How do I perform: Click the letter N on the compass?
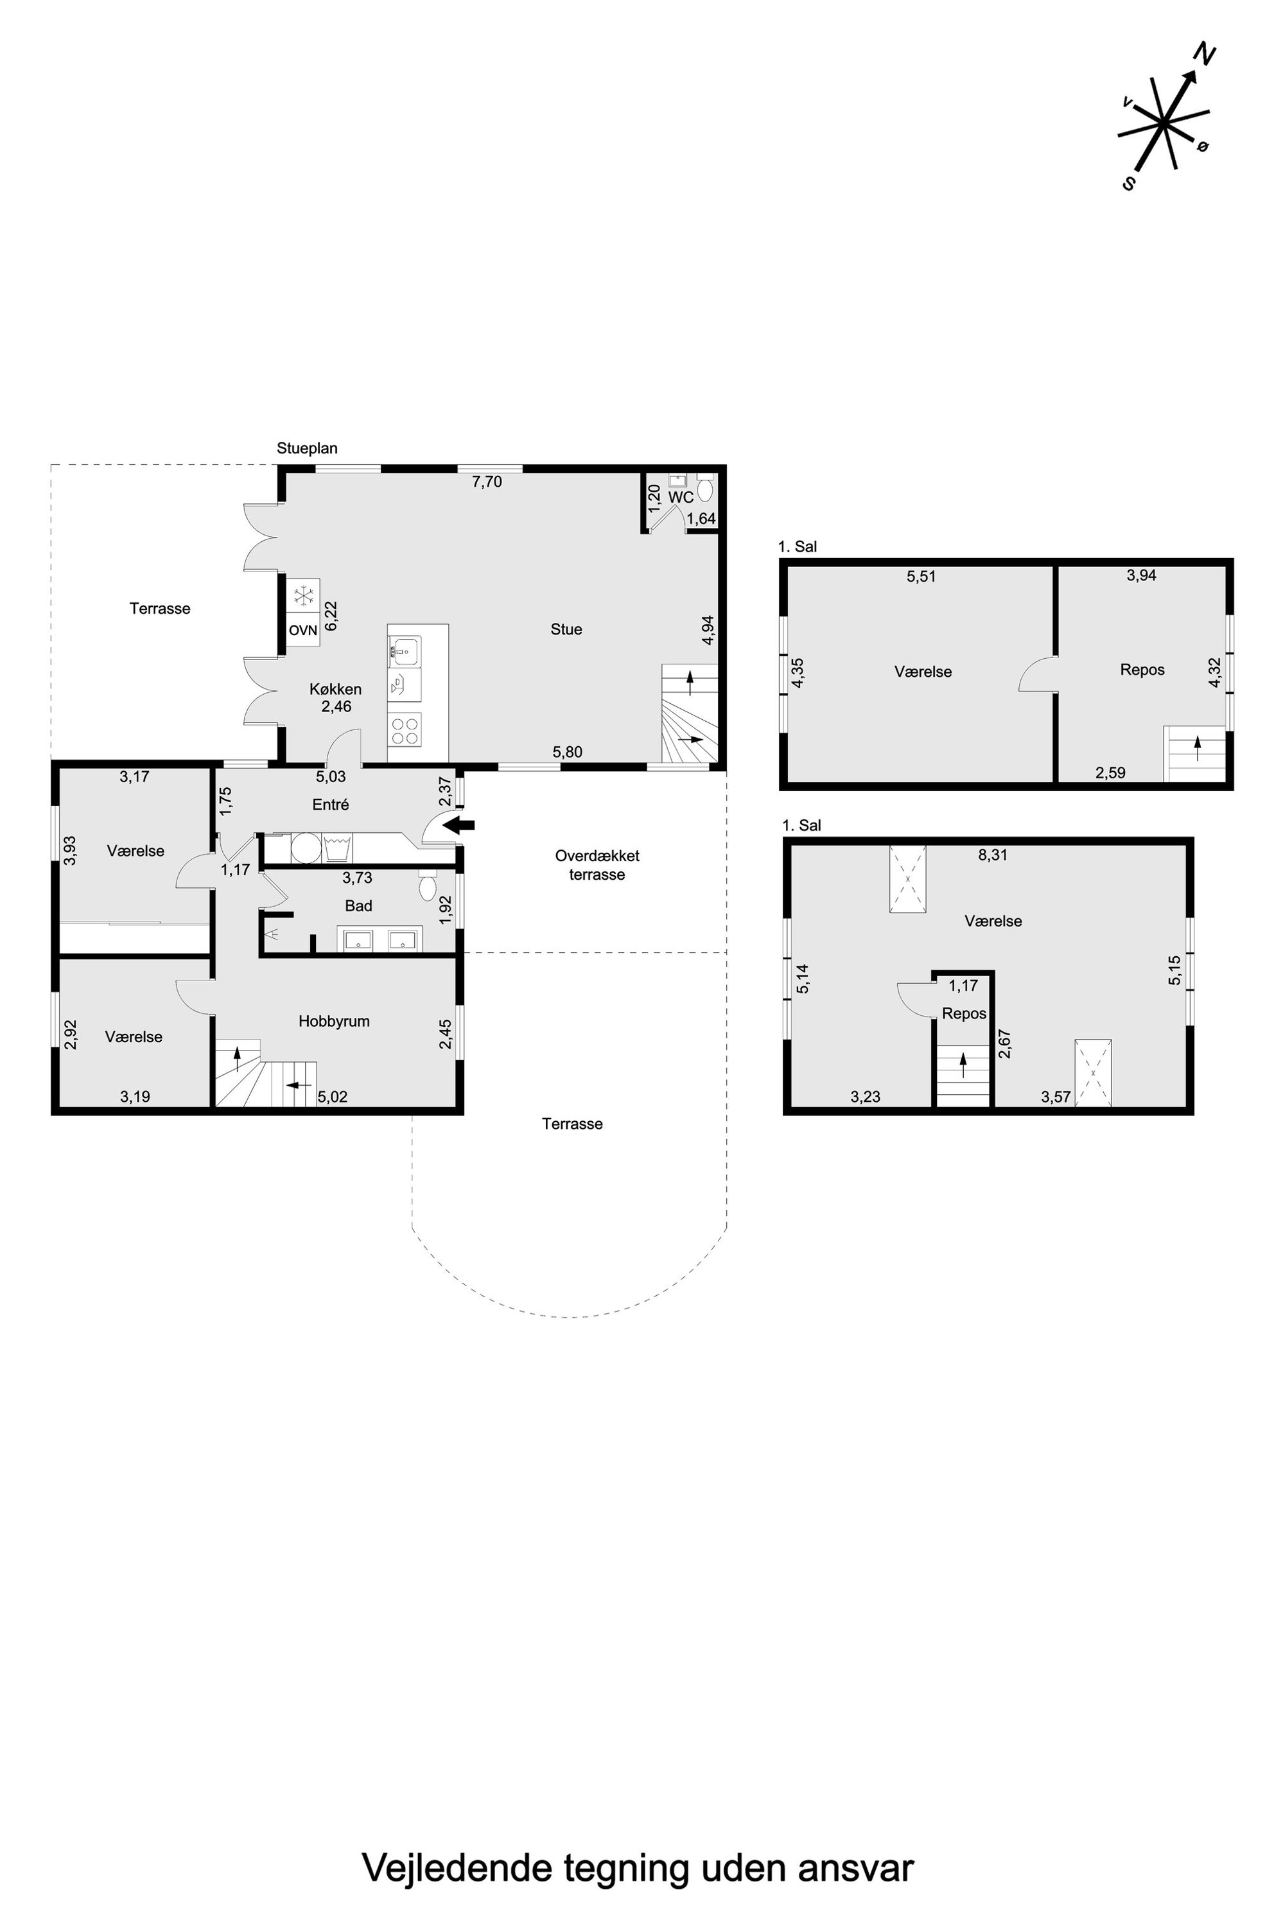(x=1204, y=55)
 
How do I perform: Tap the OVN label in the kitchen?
(x=303, y=630)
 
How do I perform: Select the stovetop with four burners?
(x=405, y=728)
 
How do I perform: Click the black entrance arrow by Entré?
(x=459, y=826)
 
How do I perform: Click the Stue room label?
(x=566, y=629)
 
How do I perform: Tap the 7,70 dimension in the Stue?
(x=487, y=482)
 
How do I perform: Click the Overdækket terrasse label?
(x=597, y=866)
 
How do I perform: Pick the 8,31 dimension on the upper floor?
(x=993, y=855)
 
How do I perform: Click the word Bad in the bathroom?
(x=358, y=906)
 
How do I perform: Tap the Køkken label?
(x=336, y=689)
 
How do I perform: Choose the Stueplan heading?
(x=307, y=448)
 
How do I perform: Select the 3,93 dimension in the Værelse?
(x=70, y=851)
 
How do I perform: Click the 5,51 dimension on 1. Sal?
(x=921, y=577)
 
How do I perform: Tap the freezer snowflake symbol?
(x=303, y=595)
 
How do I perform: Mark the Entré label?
(x=331, y=805)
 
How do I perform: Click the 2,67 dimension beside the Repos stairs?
(x=1005, y=1043)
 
